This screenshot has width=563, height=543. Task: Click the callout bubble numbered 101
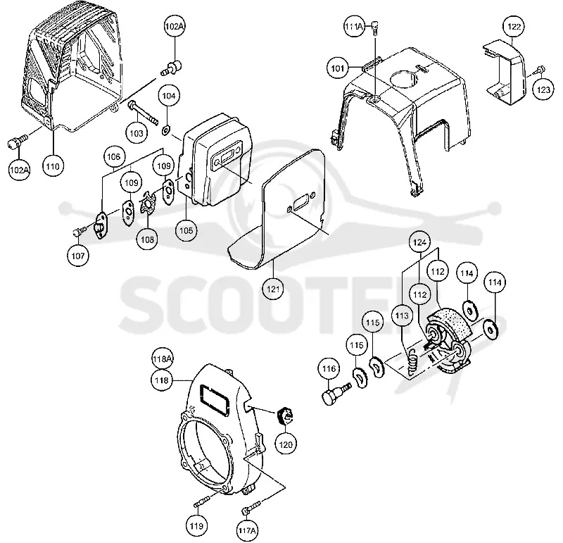338,68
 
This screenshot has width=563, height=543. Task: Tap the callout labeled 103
137,133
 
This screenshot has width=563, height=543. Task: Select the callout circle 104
169,96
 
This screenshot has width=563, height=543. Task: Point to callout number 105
186,230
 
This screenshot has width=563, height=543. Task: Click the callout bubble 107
78,256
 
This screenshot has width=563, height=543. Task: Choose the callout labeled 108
147,239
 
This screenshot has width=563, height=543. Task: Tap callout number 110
53,166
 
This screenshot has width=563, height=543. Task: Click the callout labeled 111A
355,27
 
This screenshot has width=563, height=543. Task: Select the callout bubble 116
329,369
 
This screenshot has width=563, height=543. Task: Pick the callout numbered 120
286,445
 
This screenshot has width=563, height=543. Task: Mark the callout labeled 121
273,289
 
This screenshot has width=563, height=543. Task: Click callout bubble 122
514,27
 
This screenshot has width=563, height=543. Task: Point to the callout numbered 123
543,89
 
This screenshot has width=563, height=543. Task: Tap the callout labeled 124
419,242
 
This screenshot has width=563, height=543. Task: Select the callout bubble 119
197,526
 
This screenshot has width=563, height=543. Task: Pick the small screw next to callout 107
80,231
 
